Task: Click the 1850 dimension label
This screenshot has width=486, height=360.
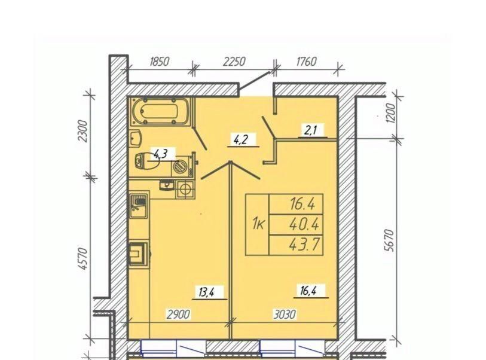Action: [x=160, y=62]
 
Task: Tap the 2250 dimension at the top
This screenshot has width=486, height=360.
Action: [x=234, y=62]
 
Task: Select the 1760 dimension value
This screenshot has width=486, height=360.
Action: [x=306, y=62]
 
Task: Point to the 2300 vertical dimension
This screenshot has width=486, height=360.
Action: [x=83, y=131]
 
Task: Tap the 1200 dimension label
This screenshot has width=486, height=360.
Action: [x=392, y=113]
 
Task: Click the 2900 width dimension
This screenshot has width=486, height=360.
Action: [x=178, y=315]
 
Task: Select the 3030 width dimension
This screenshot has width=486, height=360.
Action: [x=285, y=315]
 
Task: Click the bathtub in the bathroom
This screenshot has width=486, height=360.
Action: [x=160, y=111]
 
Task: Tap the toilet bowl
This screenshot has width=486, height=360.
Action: [x=146, y=161]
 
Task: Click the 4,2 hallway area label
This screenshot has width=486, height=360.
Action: [x=241, y=139]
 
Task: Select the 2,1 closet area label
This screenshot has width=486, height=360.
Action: [x=310, y=130]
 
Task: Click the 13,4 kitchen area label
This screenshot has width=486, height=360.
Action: [x=206, y=292]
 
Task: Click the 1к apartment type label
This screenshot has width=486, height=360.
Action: [x=258, y=224]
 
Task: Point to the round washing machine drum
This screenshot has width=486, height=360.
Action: [x=179, y=167]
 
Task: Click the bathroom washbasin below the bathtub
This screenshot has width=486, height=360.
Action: [x=136, y=138]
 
